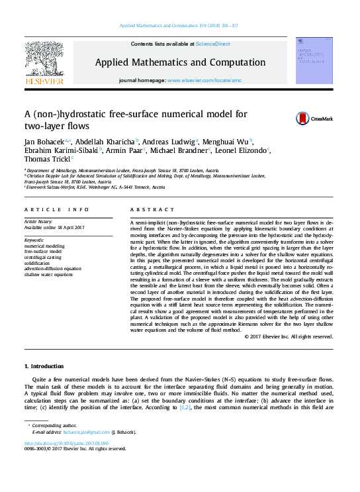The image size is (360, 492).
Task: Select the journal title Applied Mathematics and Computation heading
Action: pos(180,63)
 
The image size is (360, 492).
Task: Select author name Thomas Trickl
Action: pos(47,159)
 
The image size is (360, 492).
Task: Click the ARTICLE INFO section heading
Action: pos(56,209)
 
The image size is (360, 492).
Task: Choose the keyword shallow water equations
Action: pos(48,274)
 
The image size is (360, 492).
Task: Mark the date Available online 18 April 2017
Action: pos(54,228)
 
